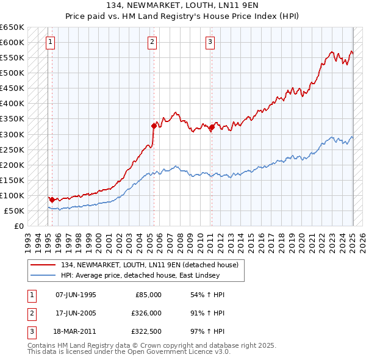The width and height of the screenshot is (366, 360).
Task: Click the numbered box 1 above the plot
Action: click(50, 42)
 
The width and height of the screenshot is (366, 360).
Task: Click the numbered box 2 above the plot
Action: click(152, 42)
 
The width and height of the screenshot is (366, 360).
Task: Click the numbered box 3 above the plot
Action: click(210, 42)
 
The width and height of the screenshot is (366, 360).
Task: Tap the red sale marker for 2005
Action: click(154, 126)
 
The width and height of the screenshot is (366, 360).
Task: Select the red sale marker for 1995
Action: click(52, 200)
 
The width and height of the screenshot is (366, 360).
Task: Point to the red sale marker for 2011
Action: click(212, 127)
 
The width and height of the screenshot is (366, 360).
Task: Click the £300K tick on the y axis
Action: click(13, 134)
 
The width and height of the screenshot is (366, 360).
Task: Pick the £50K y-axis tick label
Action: click(15, 211)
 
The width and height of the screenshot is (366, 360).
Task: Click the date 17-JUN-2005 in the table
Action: click(76, 313)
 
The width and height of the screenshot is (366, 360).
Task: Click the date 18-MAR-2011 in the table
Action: click(76, 331)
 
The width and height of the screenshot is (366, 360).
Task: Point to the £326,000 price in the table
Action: click(147, 313)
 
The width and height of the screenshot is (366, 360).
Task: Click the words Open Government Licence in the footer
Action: click(181, 352)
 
